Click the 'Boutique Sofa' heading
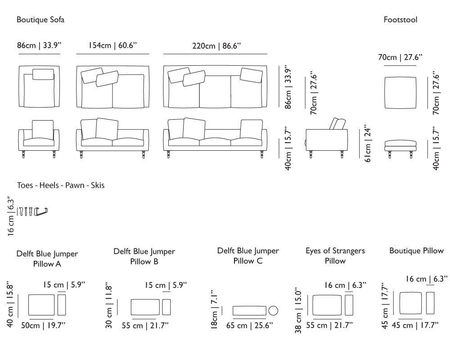tap(40, 20)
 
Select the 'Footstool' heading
tap(400, 20)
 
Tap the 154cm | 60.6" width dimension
tap(112, 45)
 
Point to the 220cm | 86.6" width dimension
tap(216, 45)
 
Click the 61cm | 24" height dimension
tap(368, 143)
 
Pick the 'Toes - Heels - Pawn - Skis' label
tap(61, 185)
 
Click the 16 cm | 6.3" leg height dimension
tap(11, 216)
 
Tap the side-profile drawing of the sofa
tap(327, 137)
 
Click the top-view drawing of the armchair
tap(39, 86)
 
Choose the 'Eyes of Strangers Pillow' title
tap(335, 256)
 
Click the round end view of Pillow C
tap(273, 310)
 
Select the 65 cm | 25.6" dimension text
tap(250, 325)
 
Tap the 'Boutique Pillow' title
tap(416, 251)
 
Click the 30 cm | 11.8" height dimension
tap(108, 305)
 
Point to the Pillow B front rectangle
tap(145, 307)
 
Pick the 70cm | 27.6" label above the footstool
tap(400, 57)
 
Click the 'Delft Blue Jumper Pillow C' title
tap(248, 256)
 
